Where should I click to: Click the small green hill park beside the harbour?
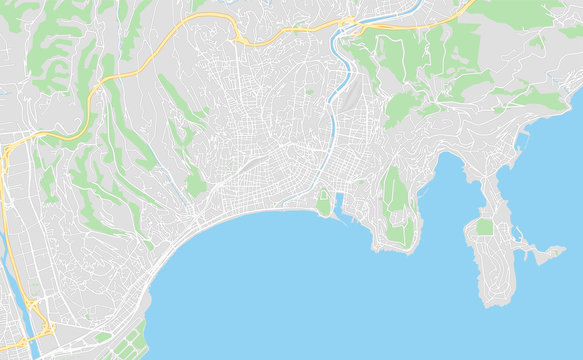tap(323, 202)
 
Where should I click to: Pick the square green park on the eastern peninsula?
tap(485, 227)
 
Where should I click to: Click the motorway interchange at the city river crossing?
tap(349, 23)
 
